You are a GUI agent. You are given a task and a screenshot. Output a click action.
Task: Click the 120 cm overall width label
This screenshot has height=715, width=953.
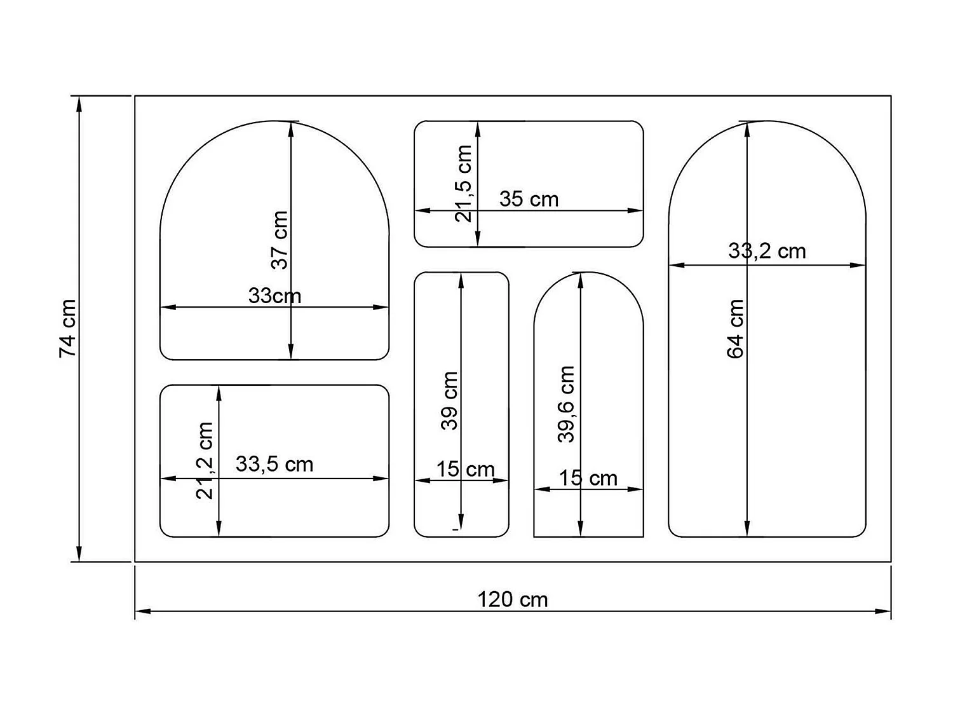click(x=512, y=599)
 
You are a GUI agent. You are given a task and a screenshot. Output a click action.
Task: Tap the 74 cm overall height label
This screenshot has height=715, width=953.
click(x=68, y=328)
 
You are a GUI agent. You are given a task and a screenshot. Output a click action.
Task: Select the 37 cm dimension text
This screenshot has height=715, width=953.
click(x=280, y=240)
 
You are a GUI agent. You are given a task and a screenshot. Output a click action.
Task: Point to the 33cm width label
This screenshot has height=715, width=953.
click(x=274, y=296)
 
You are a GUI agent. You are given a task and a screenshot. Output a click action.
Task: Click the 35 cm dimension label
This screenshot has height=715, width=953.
click(x=529, y=199)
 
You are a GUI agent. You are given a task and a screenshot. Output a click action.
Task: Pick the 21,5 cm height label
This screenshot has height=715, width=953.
click(x=464, y=183)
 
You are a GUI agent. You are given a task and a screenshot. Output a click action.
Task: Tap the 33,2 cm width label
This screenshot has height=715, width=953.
click(x=767, y=251)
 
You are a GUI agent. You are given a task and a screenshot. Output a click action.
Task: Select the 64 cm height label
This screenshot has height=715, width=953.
click(x=735, y=329)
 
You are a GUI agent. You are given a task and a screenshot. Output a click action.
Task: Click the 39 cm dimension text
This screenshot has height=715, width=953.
click(x=450, y=400)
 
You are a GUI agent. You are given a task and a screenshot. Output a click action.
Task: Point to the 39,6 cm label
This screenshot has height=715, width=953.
click(x=565, y=404)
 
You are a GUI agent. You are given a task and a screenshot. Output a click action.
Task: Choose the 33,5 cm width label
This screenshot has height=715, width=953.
click(x=274, y=464)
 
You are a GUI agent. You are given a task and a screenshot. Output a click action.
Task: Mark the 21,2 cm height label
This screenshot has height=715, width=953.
click(x=205, y=460)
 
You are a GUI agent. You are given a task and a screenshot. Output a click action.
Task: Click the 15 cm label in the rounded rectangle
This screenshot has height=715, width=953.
click(x=465, y=469)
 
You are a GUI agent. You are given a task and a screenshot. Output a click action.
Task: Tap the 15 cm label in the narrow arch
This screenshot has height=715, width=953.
click(x=588, y=478)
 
